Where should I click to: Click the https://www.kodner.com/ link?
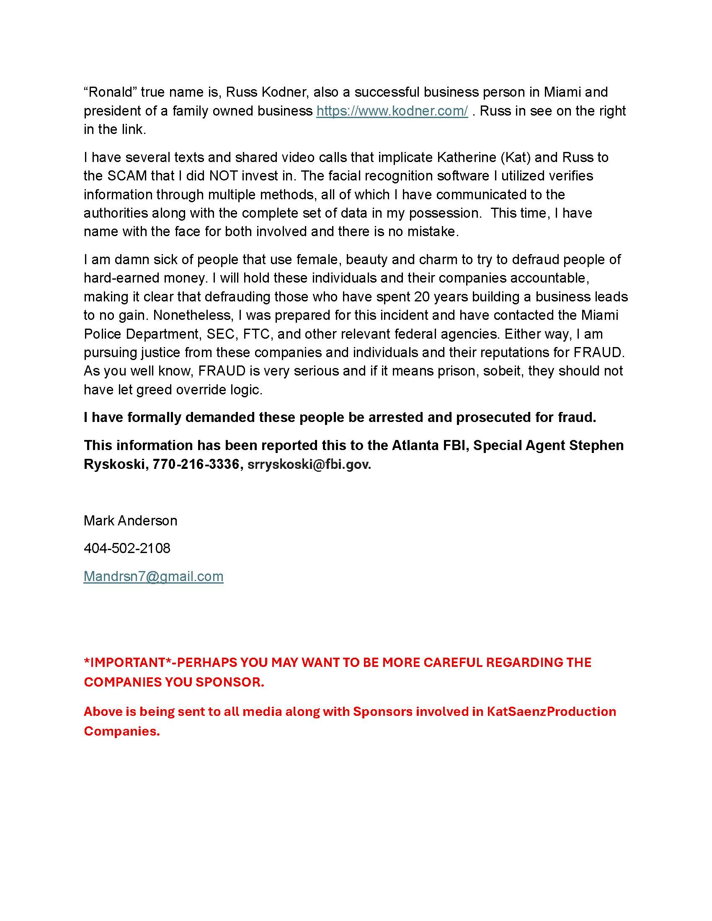392,111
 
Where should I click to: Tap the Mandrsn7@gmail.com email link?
153,576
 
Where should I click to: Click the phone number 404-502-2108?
127,548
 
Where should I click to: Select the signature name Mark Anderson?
130,520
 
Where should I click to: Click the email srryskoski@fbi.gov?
309,464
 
